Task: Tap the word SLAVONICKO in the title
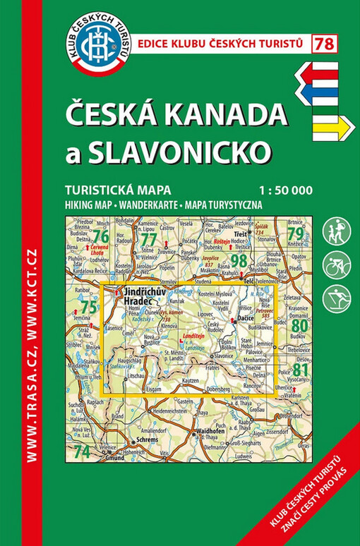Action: [179, 150]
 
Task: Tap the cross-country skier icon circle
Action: [337, 299]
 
